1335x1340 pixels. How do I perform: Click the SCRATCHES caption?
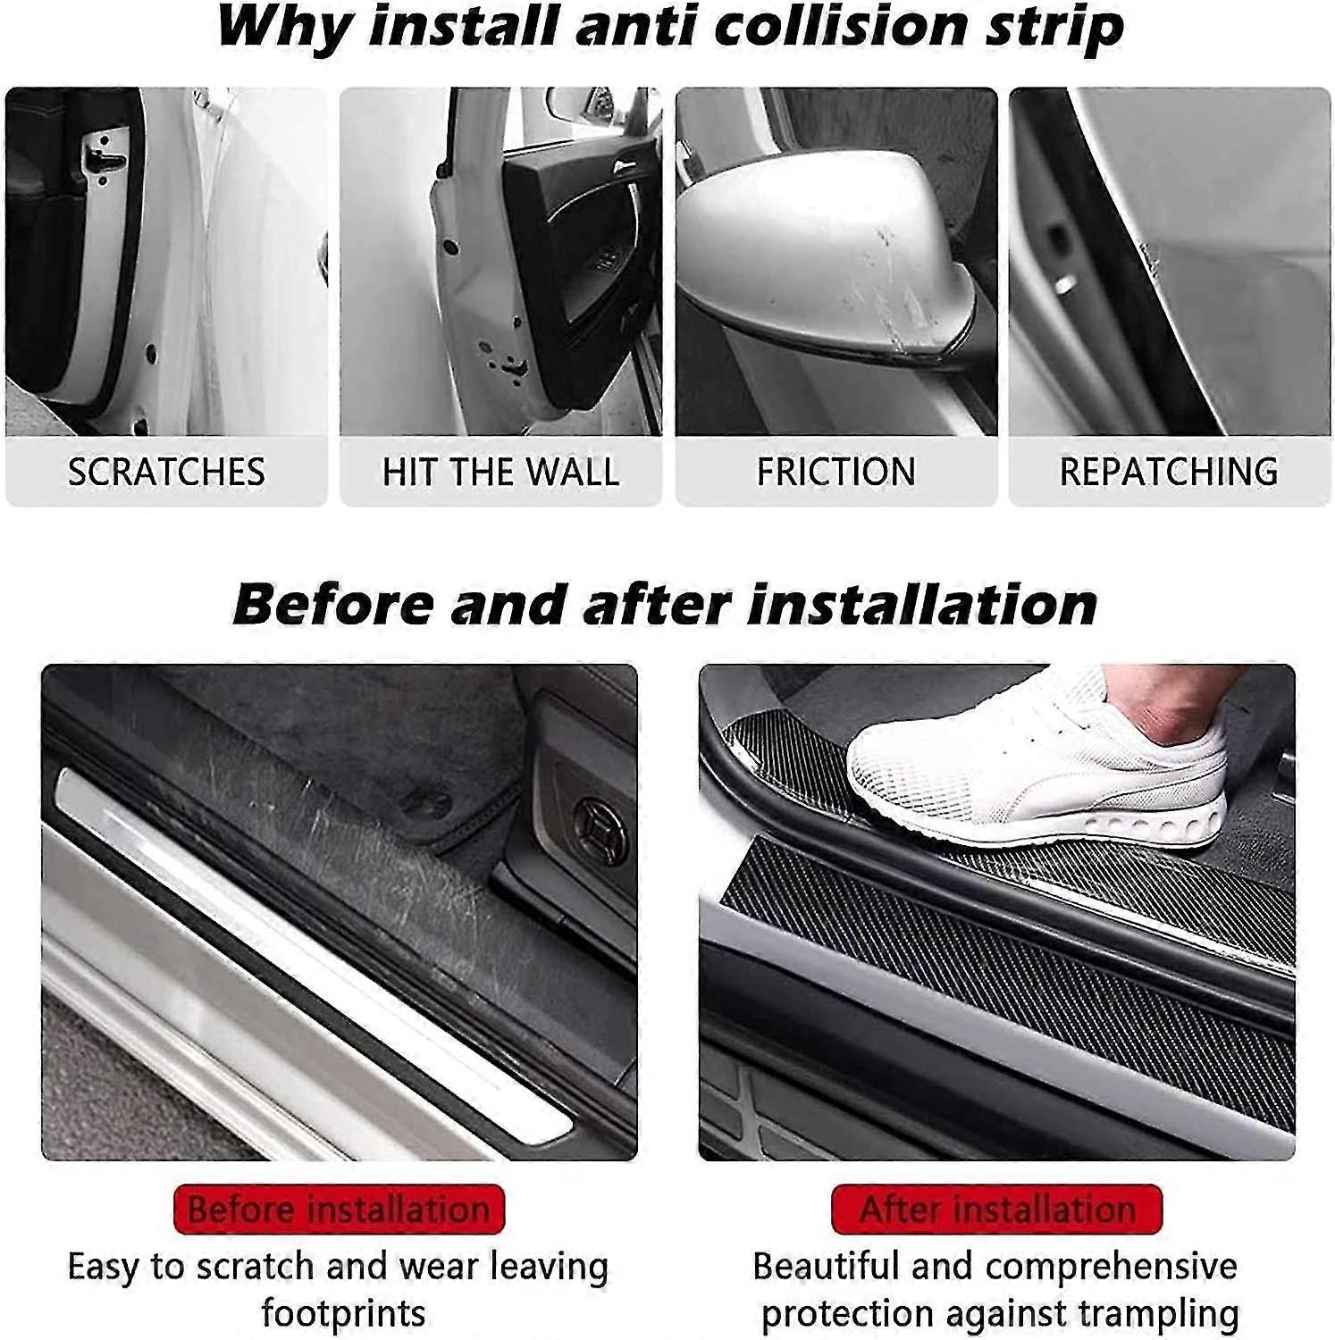click(166, 472)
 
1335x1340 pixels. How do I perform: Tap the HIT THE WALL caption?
click(500, 472)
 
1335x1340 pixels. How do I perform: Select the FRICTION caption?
click(835, 472)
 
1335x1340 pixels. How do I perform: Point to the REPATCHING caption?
click(1169, 472)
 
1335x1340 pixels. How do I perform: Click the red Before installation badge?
click(340, 1210)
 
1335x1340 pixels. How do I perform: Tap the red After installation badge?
click(996, 1210)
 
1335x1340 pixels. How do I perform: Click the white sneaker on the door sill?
click(1037, 769)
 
